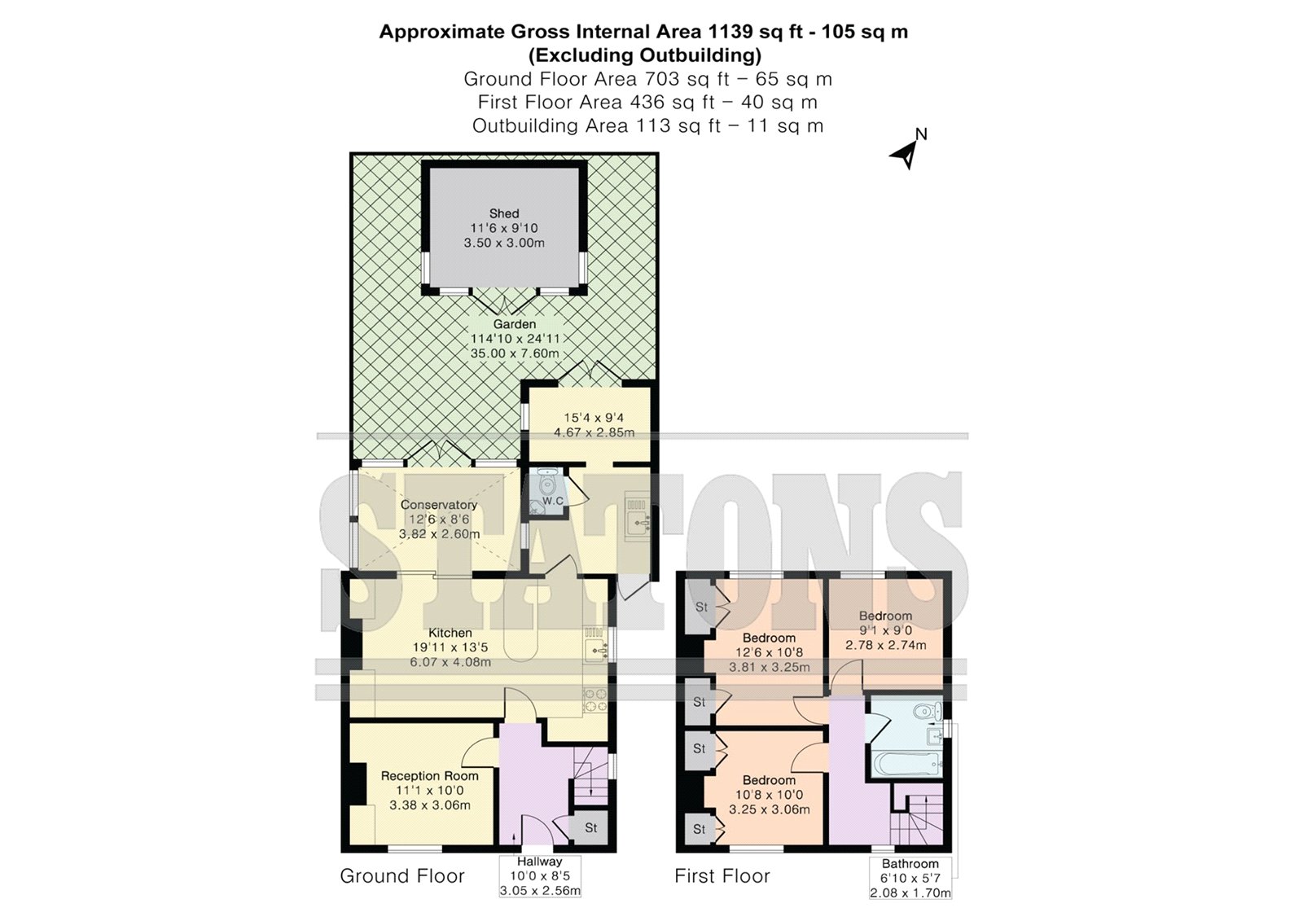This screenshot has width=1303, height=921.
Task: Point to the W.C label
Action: click(x=553, y=500)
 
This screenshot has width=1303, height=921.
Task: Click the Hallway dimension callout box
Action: click(x=540, y=875)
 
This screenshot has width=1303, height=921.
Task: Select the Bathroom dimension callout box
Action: click(x=910, y=878)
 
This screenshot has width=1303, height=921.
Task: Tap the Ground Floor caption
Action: click(x=402, y=875)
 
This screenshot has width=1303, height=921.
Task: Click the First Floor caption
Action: click(x=722, y=875)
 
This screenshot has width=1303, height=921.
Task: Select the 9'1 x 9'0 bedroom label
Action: click(x=886, y=630)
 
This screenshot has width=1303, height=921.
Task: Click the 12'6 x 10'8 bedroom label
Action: click(x=769, y=652)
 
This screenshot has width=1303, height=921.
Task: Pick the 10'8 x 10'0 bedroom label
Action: click(x=769, y=795)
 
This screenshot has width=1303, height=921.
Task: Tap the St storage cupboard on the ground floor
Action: click(x=590, y=827)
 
